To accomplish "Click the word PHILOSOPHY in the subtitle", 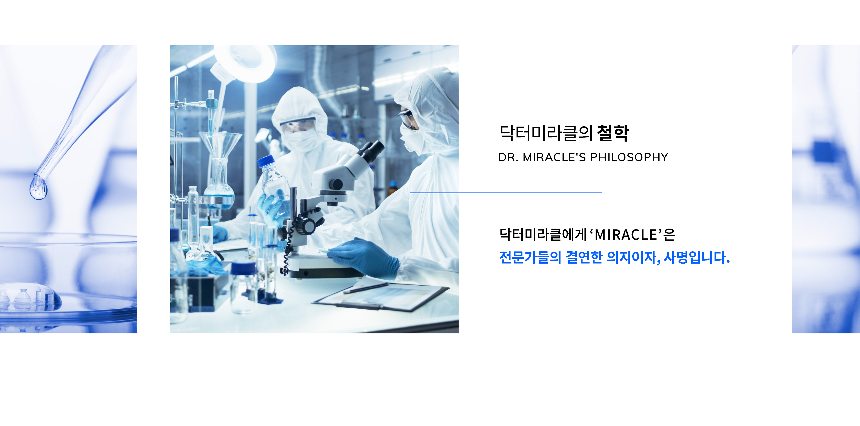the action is tap(629, 157).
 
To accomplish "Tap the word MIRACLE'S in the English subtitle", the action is tap(554, 157).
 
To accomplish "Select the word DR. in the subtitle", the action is tap(508, 157).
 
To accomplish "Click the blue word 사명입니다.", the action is tap(697, 257).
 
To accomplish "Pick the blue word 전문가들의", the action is tap(530, 257).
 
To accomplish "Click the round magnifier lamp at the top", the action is tap(245, 62).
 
